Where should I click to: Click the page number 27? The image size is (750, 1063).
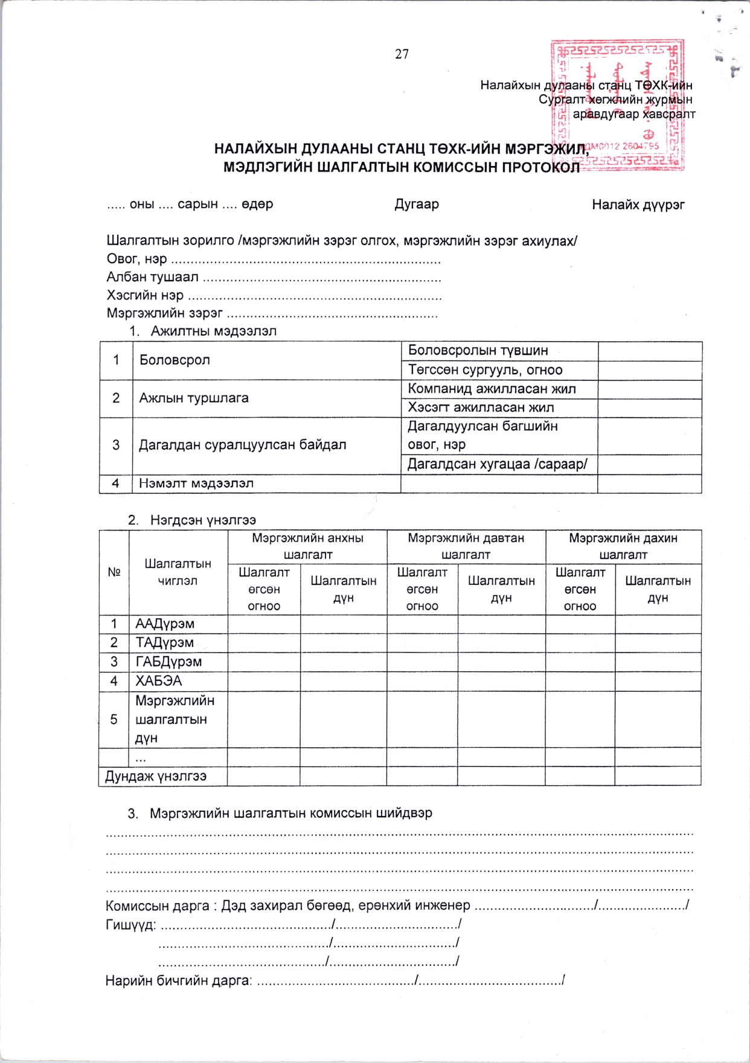coord(402,54)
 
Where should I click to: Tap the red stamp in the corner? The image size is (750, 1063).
coord(617,105)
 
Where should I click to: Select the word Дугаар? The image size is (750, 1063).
coord(417,204)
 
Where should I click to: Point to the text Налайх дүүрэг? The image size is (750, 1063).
coord(638,205)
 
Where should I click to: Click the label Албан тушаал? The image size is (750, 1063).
coord(152,278)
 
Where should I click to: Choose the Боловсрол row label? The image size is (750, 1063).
coord(175,360)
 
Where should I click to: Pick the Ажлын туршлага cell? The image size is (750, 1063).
coord(194,398)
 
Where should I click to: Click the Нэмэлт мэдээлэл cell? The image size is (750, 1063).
coord(196,484)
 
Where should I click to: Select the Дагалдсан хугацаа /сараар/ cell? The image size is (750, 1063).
coord(498,464)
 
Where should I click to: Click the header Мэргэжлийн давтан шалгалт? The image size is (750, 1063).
coord(466,546)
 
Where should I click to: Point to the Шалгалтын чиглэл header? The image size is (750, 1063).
coord(178,572)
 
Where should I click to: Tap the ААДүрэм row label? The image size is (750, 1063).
coord(165,624)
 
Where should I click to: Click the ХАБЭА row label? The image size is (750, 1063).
coord(158,681)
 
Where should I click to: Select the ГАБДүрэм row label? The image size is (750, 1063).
coord(168,662)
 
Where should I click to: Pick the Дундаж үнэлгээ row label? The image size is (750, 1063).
coord(156,776)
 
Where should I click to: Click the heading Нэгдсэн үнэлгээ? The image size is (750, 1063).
coord(203,520)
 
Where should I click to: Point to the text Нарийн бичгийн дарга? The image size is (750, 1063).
coord(178,980)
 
